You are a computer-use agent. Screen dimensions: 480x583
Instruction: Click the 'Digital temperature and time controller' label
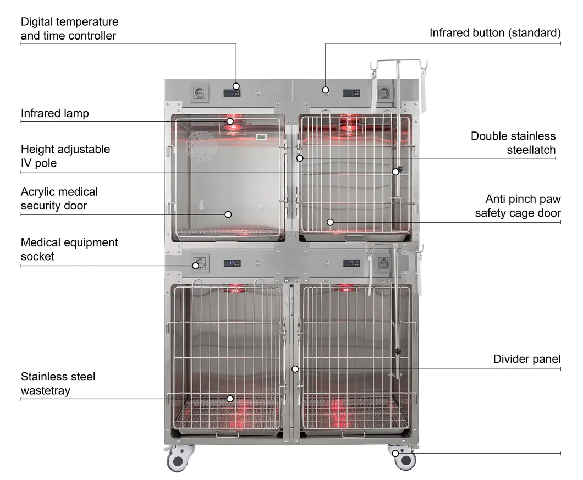pos(69,29)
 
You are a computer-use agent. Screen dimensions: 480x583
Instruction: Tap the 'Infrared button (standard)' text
pos(495,33)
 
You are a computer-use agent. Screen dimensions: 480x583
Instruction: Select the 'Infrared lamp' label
pos(55,113)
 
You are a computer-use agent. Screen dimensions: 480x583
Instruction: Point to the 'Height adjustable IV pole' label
pos(65,156)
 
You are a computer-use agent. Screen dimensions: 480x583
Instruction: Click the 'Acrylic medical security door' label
pos(59,198)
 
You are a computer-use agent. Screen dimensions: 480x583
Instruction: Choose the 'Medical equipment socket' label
pos(69,249)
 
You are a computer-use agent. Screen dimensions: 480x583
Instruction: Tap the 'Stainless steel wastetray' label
pos(58,383)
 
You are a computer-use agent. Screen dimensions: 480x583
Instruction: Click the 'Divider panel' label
pos(526,359)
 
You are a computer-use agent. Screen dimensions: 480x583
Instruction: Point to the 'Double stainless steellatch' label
pos(513,142)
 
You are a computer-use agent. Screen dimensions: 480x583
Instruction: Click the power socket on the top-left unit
pos(199,93)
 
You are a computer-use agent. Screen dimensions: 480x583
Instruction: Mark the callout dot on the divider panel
pos(295,369)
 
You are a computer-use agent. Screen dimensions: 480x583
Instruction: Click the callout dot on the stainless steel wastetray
pos(230,399)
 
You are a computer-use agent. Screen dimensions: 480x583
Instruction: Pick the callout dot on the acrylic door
pos(228,214)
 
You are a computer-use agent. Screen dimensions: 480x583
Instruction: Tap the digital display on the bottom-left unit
pos(232,263)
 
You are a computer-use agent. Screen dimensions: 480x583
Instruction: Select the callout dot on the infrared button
pos(326,90)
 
